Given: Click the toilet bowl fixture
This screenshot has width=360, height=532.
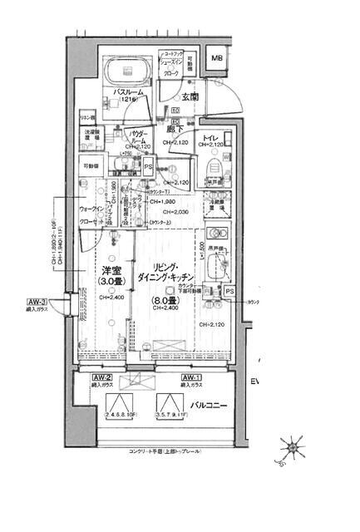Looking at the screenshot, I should [x=208, y=170].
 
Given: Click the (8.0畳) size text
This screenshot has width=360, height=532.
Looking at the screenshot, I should [x=164, y=300].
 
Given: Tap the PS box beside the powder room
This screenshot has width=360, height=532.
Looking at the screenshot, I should [x=148, y=167].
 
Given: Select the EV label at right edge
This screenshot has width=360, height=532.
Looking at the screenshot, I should [x=254, y=381].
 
